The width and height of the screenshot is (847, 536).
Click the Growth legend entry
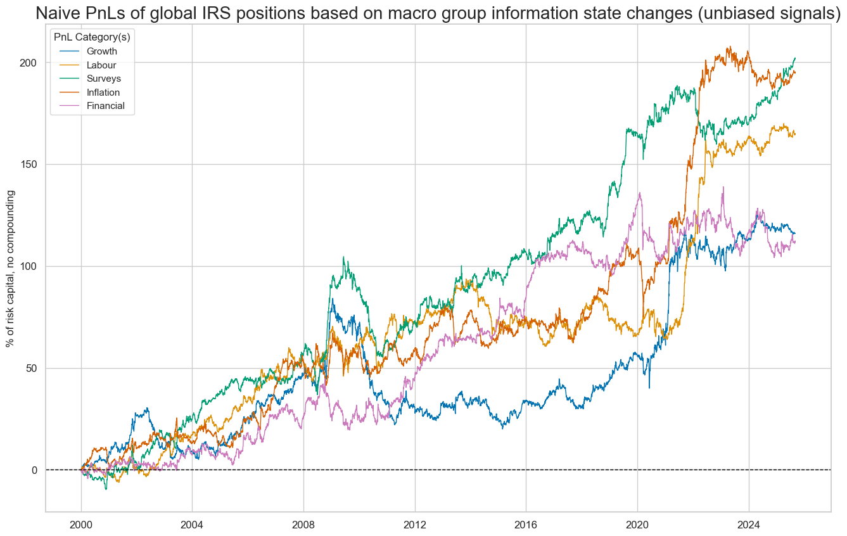tap(101, 51)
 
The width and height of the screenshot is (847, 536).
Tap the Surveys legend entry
tap(103, 79)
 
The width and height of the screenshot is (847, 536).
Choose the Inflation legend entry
tap(103, 93)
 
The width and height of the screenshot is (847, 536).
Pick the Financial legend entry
tap(105, 106)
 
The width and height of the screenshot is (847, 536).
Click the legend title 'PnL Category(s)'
tap(92, 37)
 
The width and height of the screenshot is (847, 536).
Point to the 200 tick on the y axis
tap(30, 63)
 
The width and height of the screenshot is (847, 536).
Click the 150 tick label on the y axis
tap(30, 165)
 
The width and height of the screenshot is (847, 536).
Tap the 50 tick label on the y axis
tap(32, 369)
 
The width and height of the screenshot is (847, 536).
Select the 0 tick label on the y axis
tap(35, 470)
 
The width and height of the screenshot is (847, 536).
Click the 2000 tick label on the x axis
tap(81, 525)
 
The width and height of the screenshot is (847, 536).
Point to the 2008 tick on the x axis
tap(303, 525)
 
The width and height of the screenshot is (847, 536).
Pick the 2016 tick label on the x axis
tap(526, 525)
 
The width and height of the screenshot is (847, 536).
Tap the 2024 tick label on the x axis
tap(748, 525)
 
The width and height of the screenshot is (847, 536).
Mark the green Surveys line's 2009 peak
tap(343, 257)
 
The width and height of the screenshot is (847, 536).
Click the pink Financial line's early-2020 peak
tap(640, 193)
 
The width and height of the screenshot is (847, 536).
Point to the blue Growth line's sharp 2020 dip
tap(649, 388)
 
